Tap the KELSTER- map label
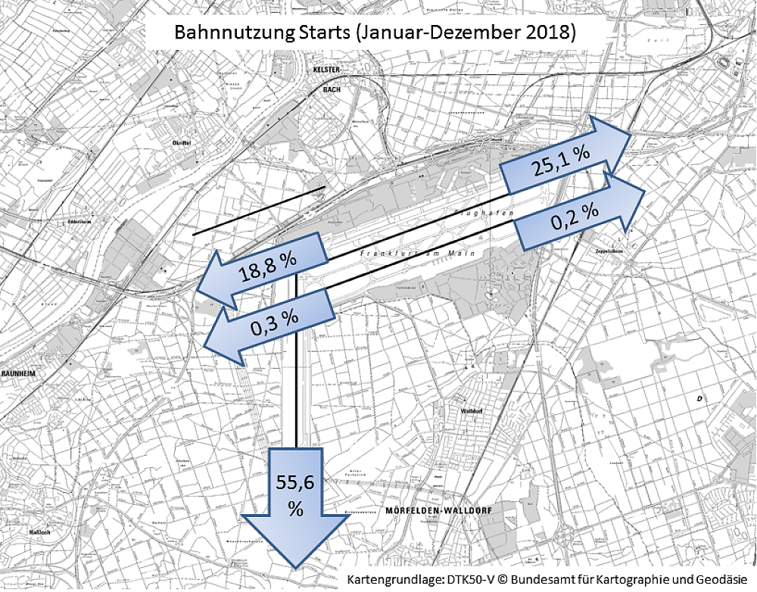point(328,70)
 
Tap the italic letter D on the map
point(700,398)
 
